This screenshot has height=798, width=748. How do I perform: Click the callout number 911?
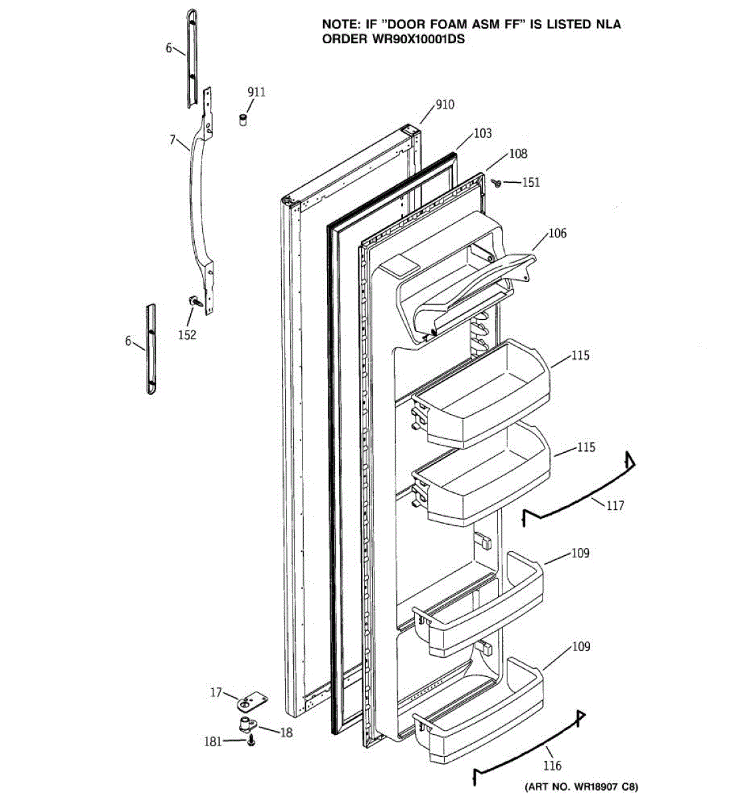click(256, 92)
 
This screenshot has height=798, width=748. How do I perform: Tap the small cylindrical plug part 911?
click(243, 120)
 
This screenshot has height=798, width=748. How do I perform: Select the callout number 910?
click(445, 104)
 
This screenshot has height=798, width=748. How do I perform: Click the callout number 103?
click(483, 133)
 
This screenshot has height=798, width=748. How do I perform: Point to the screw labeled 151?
click(495, 182)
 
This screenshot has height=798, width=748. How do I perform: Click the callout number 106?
click(558, 233)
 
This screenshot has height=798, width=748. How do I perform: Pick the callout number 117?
click(615, 505)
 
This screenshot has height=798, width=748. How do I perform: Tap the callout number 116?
click(553, 765)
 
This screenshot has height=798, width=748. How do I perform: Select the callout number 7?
click(172, 140)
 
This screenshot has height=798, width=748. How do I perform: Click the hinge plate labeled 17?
click(252, 701)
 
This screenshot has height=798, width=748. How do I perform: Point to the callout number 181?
click(213, 741)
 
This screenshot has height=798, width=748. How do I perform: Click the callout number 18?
click(287, 733)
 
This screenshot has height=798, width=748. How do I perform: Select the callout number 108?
click(518, 154)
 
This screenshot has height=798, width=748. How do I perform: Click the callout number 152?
click(187, 334)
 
